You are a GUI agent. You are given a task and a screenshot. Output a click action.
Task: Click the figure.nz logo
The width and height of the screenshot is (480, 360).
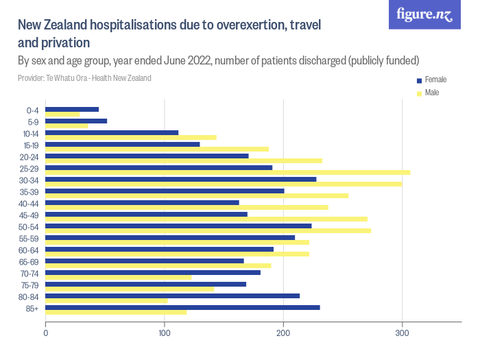pos(424,14)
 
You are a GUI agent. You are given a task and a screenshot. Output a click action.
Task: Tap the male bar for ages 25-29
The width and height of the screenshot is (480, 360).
pos(228,172)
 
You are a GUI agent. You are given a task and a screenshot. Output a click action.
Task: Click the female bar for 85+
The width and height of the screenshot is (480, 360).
pos(182,307)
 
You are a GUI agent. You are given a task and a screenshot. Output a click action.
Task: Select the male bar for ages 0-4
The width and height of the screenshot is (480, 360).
pos(62,115)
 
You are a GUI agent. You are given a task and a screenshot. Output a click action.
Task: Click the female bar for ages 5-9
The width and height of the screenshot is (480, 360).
pos(76,121)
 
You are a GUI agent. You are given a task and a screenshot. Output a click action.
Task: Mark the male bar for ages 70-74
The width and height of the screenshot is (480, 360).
pos(118,277)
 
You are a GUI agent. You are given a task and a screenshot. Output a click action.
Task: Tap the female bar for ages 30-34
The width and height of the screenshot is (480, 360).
pos(181,179)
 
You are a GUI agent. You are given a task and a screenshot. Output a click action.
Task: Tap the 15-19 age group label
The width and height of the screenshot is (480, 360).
pos(30,145)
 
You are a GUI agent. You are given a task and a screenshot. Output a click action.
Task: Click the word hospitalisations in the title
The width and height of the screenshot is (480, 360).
pos(123,26)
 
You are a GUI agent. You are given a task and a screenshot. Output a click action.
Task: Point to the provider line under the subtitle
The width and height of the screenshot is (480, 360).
pos(84,78)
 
